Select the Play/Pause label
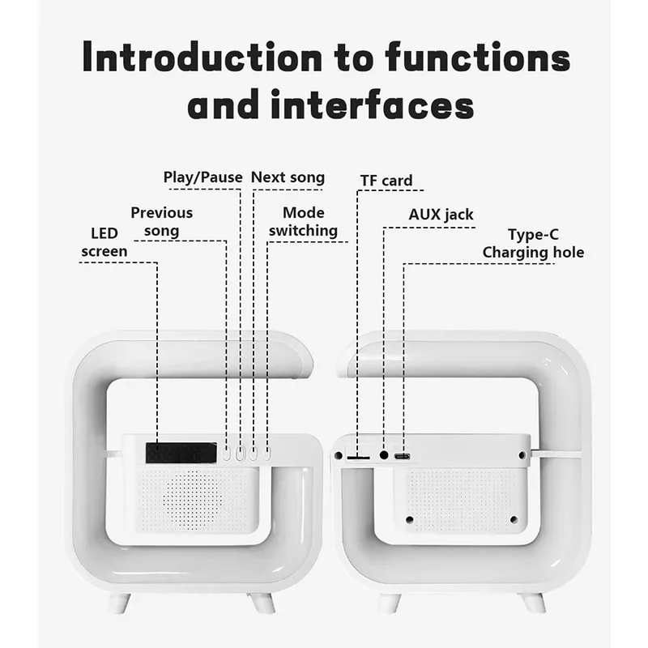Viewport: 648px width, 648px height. point(202,177)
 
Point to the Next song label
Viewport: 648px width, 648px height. point(288,177)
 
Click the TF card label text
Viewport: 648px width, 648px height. point(386,181)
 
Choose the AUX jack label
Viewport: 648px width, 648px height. point(441,215)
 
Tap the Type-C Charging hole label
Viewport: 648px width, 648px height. point(532,244)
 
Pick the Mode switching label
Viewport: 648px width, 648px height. point(303,222)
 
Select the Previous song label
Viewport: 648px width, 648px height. point(162,222)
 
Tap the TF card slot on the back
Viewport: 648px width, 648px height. point(357,458)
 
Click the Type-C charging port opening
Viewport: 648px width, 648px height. point(402,457)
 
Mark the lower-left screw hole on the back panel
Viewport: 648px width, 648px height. point(409,519)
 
